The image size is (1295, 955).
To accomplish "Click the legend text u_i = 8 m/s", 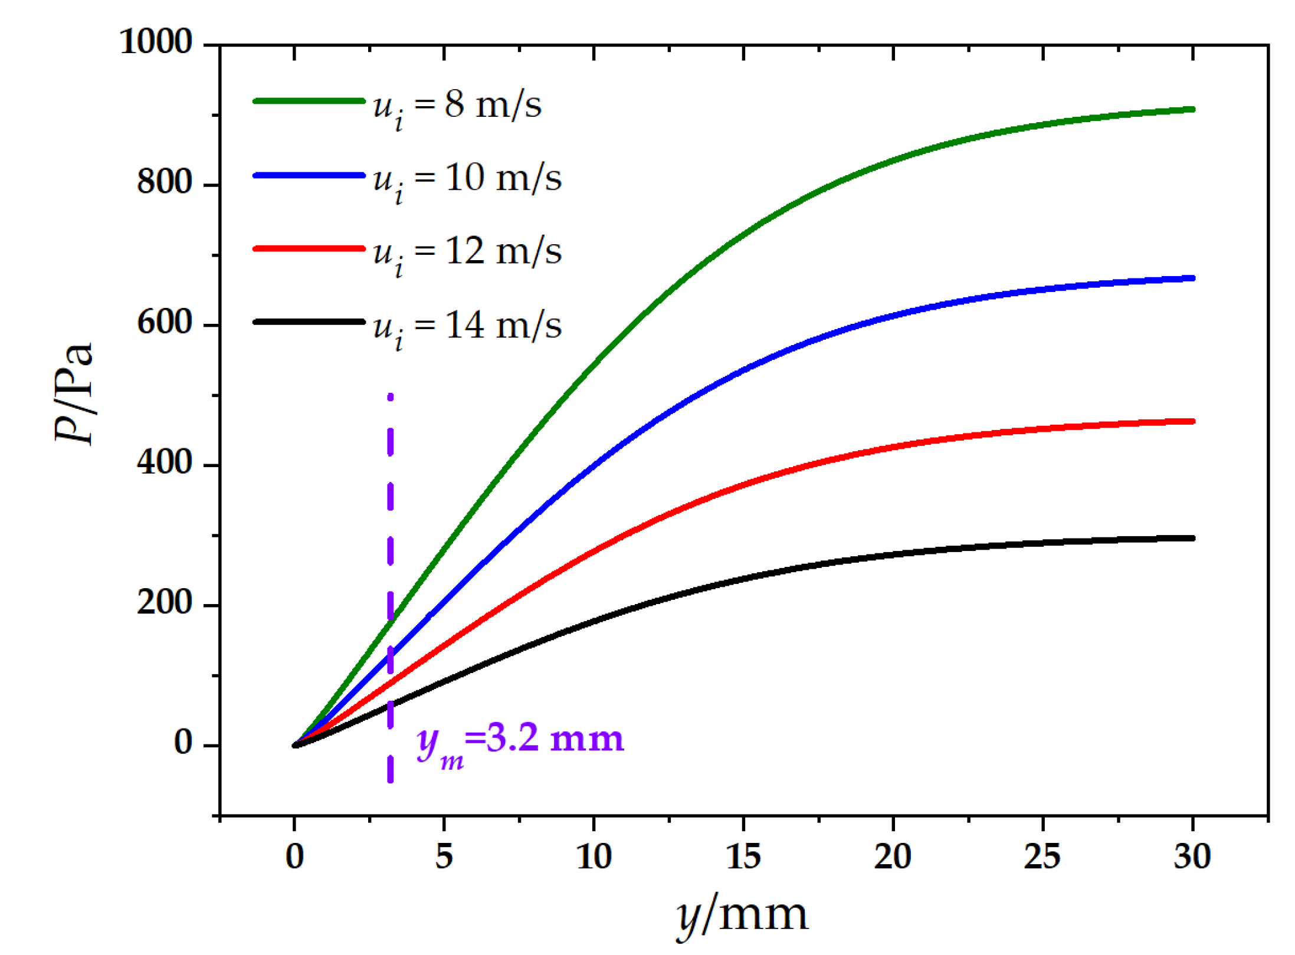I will (x=457, y=106).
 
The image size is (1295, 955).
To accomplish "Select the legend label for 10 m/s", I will (x=467, y=179).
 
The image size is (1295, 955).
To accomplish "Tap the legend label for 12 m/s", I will (x=467, y=253).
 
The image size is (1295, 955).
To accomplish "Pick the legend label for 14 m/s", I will (x=467, y=327).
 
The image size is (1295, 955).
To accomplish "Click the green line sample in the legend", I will (x=309, y=101).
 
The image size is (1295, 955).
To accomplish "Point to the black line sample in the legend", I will (x=309, y=322).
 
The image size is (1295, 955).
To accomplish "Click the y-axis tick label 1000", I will (x=156, y=42).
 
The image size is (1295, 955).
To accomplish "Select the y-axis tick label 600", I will (x=165, y=323).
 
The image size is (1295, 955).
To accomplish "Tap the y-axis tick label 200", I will (x=165, y=603).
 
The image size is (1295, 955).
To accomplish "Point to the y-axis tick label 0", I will (x=183, y=744).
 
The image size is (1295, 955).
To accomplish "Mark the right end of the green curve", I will (x=1192, y=110).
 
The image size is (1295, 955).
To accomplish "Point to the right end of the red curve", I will (x=1192, y=422).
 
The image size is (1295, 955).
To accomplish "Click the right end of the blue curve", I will (x=1192, y=278).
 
